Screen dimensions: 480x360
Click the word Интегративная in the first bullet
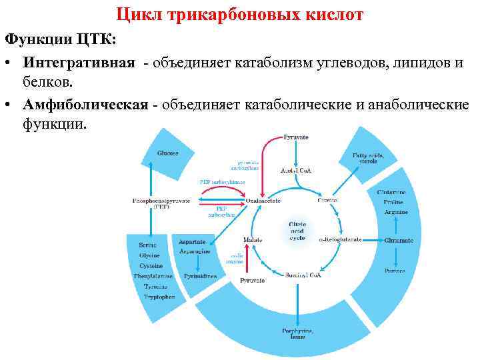tap(79, 62)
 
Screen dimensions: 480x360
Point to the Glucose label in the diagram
tap(167, 153)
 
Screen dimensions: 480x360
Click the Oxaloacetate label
tap(263, 200)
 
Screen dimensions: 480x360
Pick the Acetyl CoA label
tap(296, 171)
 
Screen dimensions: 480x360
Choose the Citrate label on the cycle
tap(327, 200)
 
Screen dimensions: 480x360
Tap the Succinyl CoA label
tap(304, 275)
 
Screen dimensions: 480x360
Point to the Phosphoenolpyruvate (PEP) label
tap(161, 203)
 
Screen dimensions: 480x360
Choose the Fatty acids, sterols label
tap(369, 158)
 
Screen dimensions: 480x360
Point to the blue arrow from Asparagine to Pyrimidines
tap(195, 263)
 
